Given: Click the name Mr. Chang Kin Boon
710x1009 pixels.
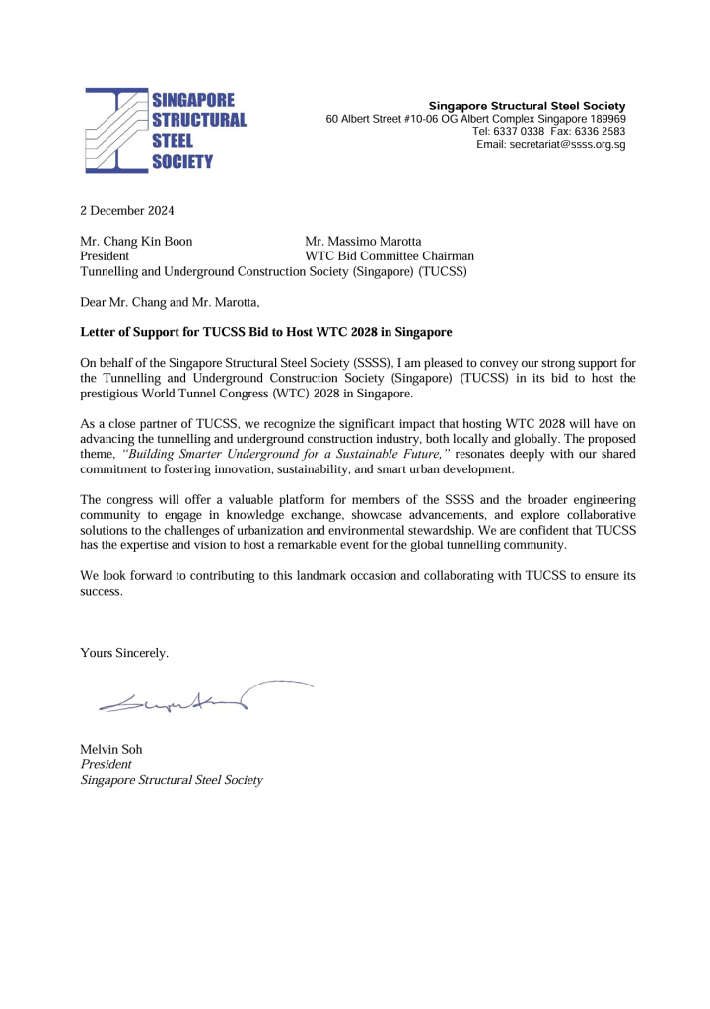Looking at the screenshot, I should pos(136,241).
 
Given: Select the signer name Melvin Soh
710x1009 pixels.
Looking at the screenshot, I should pos(111,749).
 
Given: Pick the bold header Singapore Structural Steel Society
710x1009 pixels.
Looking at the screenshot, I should pos(528,106).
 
